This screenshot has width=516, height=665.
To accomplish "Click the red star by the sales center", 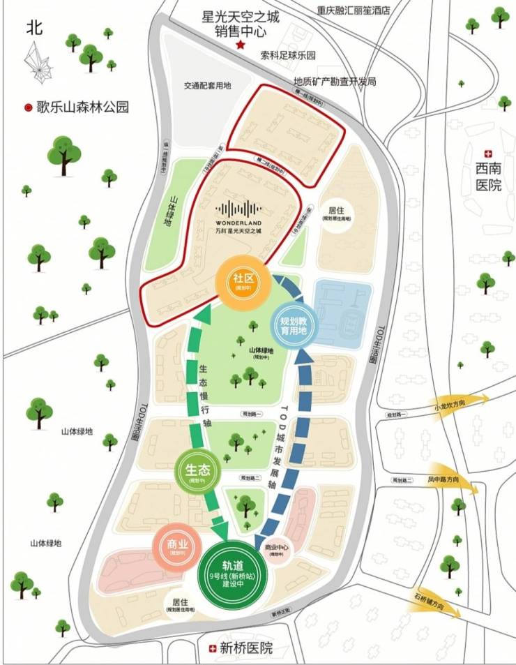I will pos(241,45).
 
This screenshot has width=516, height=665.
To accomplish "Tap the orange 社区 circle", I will pos(241,281).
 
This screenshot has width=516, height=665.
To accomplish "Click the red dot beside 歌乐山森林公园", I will pos(28,108).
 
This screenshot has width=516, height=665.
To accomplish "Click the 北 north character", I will pos(35,28).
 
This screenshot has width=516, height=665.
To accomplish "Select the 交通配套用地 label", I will pos(207,85).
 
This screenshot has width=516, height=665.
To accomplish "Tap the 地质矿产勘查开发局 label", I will pos(335,82).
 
